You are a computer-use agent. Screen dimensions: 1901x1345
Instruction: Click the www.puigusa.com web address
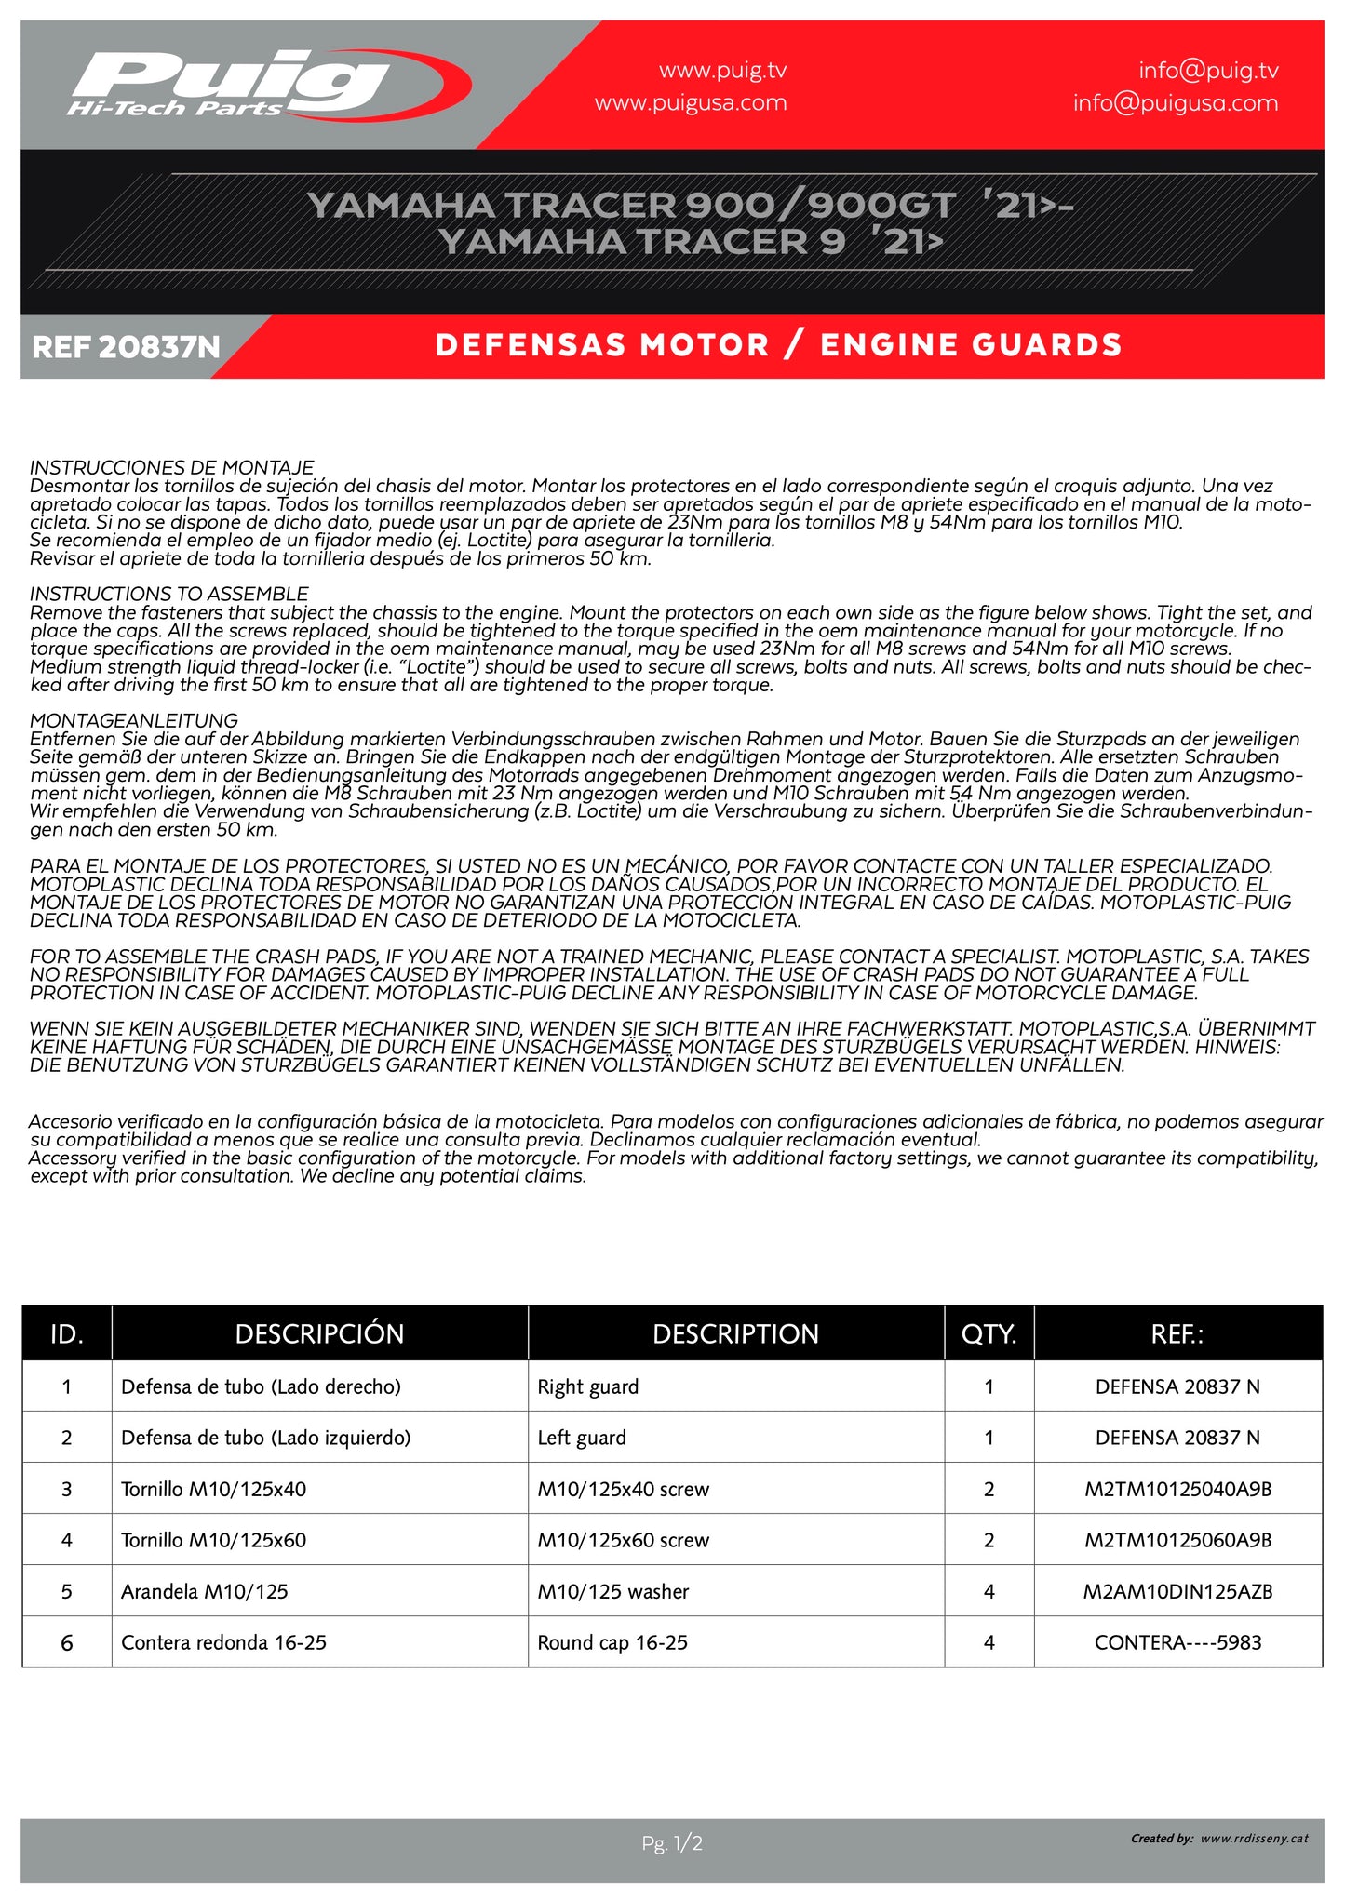point(691,102)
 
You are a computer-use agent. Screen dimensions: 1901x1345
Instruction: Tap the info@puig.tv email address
point(1208,70)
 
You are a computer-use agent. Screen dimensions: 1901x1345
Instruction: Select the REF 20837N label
point(126,347)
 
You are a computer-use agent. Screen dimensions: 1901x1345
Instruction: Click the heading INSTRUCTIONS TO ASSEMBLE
point(168,594)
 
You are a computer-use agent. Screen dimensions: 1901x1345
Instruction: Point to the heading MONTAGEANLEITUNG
point(133,720)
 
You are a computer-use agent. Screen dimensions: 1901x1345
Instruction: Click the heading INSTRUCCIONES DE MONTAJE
point(171,467)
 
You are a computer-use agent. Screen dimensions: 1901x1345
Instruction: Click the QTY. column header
point(989,1333)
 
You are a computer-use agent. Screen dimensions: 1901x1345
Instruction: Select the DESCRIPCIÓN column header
point(319,1333)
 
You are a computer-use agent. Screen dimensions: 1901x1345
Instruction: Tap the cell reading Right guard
point(587,1386)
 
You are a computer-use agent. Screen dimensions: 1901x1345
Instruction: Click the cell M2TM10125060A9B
point(1177,1540)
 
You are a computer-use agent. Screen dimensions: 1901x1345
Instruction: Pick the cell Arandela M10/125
point(204,1591)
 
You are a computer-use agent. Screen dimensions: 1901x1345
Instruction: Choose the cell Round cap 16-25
point(612,1642)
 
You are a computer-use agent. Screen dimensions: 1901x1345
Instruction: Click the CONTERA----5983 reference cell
point(1177,1642)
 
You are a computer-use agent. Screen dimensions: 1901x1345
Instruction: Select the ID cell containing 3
point(66,1489)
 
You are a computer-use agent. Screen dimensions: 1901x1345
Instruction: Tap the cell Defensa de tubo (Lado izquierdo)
point(265,1438)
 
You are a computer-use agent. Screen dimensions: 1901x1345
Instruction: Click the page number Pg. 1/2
point(672,1842)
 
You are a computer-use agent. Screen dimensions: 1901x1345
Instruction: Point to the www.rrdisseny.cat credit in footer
point(1254,1838)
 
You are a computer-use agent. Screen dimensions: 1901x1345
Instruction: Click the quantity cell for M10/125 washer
point(989,1591)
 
